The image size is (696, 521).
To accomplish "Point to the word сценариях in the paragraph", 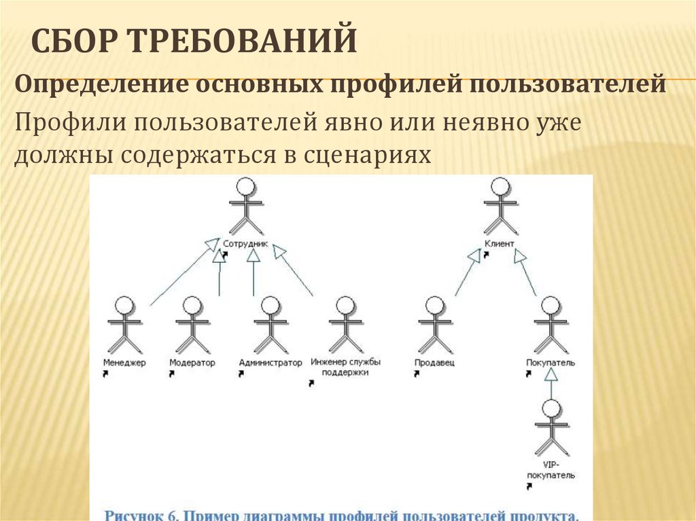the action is [364, 155].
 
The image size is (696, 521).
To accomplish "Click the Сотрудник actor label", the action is [246, 243].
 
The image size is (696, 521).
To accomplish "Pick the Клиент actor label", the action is [500, 243].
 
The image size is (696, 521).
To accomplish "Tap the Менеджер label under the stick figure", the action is [124, 363].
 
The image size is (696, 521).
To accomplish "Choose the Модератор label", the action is [192, 363].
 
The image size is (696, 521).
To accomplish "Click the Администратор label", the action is [271, 363].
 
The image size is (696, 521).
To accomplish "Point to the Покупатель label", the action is [550, 363].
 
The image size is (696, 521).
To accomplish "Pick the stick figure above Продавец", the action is [434, 325].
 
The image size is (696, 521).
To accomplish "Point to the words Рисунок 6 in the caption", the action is [139, 514].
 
